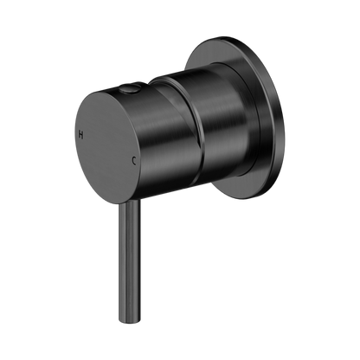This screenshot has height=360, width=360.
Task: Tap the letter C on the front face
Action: [x=134, y=161]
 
